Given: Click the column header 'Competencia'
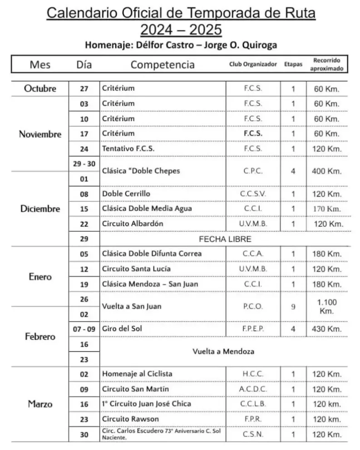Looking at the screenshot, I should pyautogui.click(x=163, y=64).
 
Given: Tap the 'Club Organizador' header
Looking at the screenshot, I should pyautogui.click(x=253, y=64).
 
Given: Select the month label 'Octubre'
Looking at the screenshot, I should pyautogui.click(x=40, y=88).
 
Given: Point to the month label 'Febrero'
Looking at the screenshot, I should pyautogui.click(x=40, y=337).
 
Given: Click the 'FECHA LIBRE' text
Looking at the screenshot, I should pyautogui.click(x=225, y=239).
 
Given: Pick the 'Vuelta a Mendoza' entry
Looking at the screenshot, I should pyautogui.click(x=223, y=352).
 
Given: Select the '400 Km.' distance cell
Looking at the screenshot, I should pyautogui.click(x=327, y=171).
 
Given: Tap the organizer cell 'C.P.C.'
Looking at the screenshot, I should pyautogui.click(x=253, y=171).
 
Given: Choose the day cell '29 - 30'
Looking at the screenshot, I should pyautogui.click(x=84, y=164).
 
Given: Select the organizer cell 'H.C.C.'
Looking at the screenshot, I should pyautogui.click(x=253, y=374).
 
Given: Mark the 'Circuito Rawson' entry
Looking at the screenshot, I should pyautogui.click(x=130, y=419).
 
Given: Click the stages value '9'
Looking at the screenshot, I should pyautogui.click(x=293, y=307).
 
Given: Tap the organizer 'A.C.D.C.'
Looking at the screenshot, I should pyautogui.click(x=253, y=389).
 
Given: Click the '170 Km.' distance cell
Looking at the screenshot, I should pyautogui.click(x=327, y=209).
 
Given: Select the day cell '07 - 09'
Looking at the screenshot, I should pyautogui.click(x=84, y=329).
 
